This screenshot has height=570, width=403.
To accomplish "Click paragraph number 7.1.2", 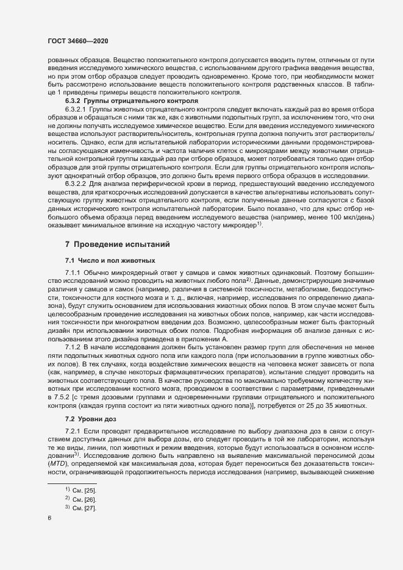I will [x=73, y=347].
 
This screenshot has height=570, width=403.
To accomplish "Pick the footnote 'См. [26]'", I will [x=85, y=516].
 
